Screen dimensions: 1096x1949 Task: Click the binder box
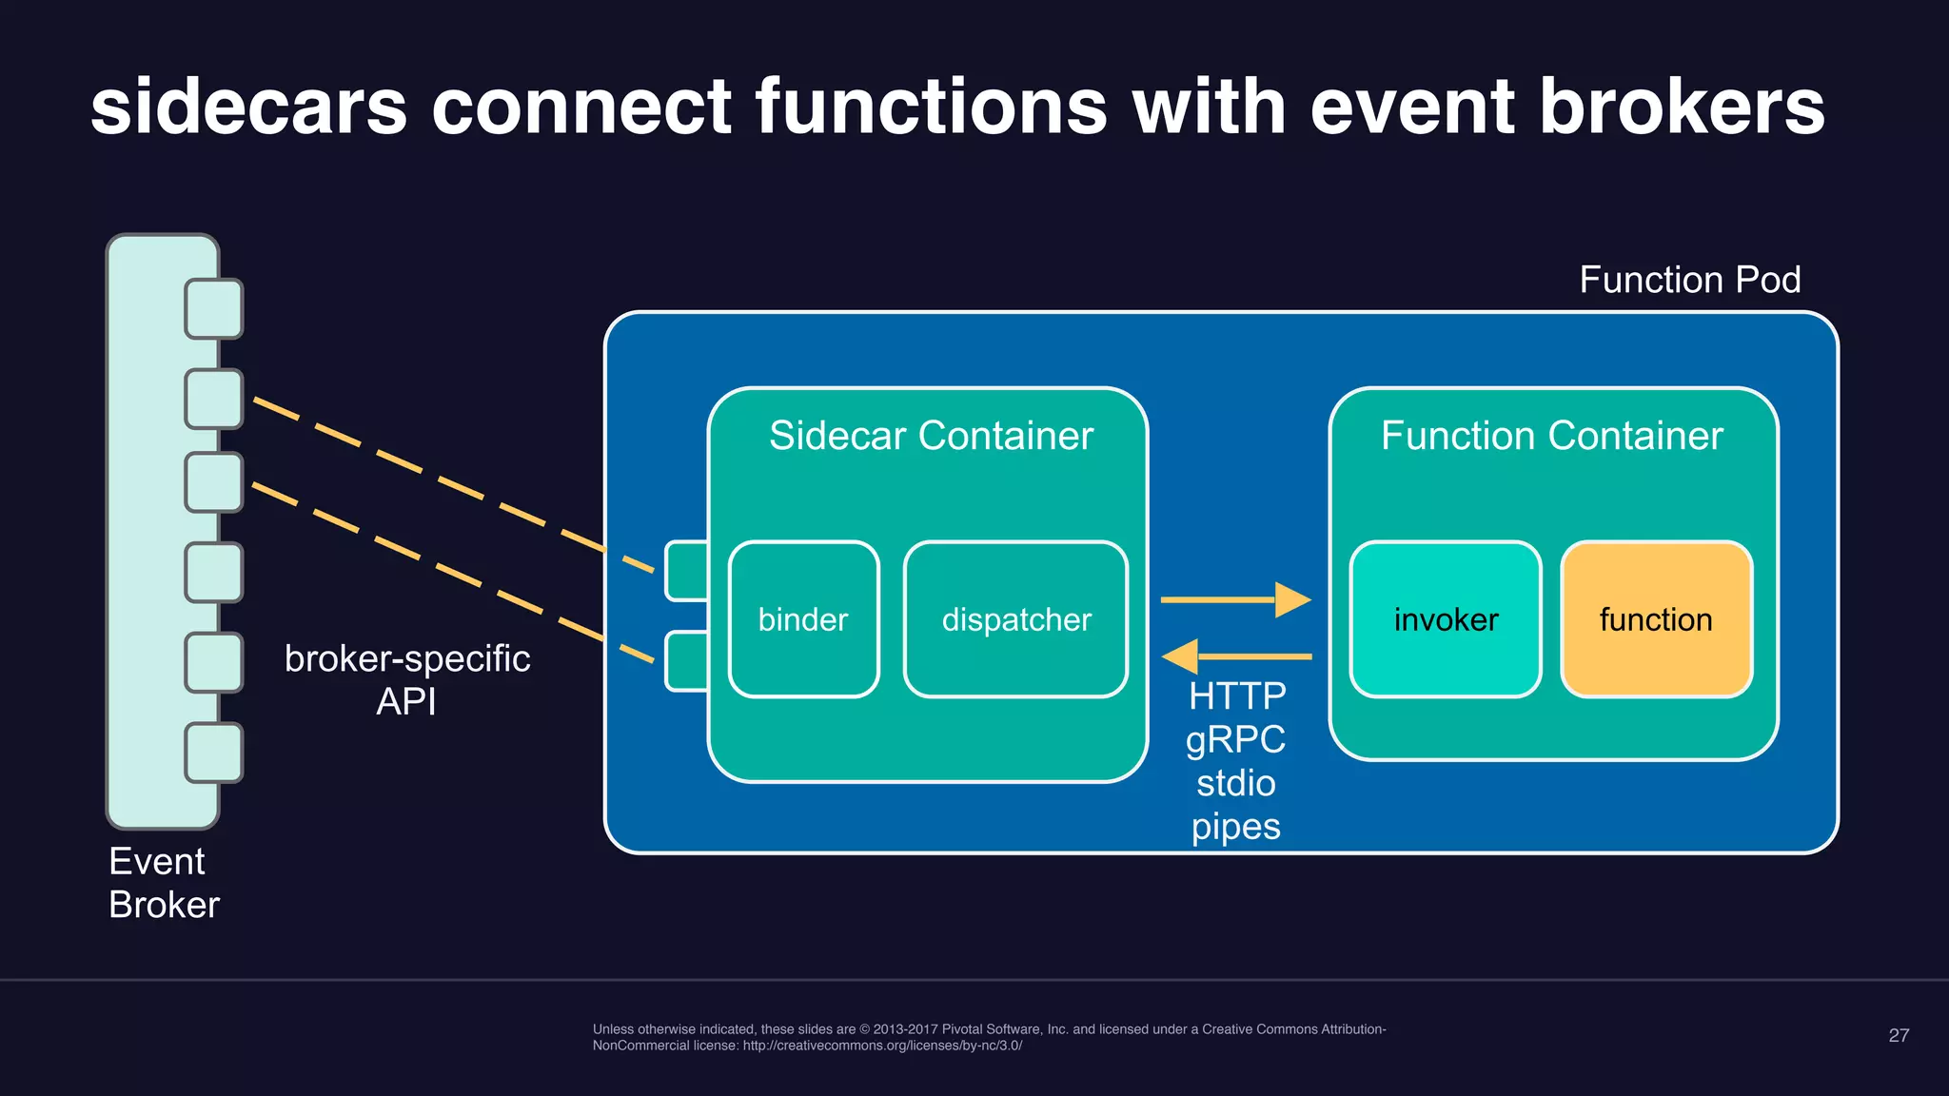click(803, 619)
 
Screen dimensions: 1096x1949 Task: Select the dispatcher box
click(1015, 619)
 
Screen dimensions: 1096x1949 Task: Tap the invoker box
click(1445, 619)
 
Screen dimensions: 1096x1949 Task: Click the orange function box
click(1656, 619)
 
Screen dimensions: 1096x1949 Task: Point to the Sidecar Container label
click(931, 436)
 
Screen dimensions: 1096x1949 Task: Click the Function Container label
click(1551, 436)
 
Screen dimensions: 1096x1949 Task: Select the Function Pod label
click(1689, 280)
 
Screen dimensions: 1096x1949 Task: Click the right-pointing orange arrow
click(1237, 599)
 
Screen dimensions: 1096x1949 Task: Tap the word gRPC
click(1235, 740)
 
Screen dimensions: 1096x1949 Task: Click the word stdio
click(1235, 783)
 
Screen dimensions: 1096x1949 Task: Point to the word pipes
click(1235, 827)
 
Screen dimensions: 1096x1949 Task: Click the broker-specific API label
click(407, 679)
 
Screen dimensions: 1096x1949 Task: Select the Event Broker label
click(164, 883)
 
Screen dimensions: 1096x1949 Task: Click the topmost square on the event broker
click(214, 308)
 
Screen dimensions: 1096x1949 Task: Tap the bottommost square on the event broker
click(214, 753)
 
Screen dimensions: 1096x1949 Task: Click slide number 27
click(1898, 1035)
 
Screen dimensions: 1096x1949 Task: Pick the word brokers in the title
click(1682, 107)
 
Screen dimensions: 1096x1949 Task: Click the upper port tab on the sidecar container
click(686, 571)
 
